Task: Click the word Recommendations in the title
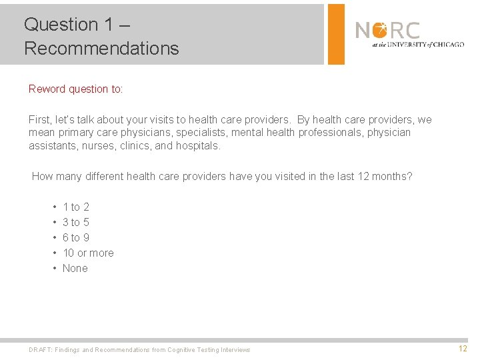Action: coord(101,49)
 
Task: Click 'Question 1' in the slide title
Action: coord(61,25)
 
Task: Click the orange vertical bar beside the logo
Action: coord(336,34)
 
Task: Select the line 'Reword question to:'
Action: coord(76,89)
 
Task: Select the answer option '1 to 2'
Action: coord(75,207)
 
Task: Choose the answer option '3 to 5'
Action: coord(75,223)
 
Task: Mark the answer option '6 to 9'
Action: coord(75,238)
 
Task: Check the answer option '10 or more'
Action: coord(88,253)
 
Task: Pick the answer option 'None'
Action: coord(75,269)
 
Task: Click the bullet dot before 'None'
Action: coord(53,269)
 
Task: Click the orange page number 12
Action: coord(463,349)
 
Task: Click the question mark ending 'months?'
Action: coord(409,177)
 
